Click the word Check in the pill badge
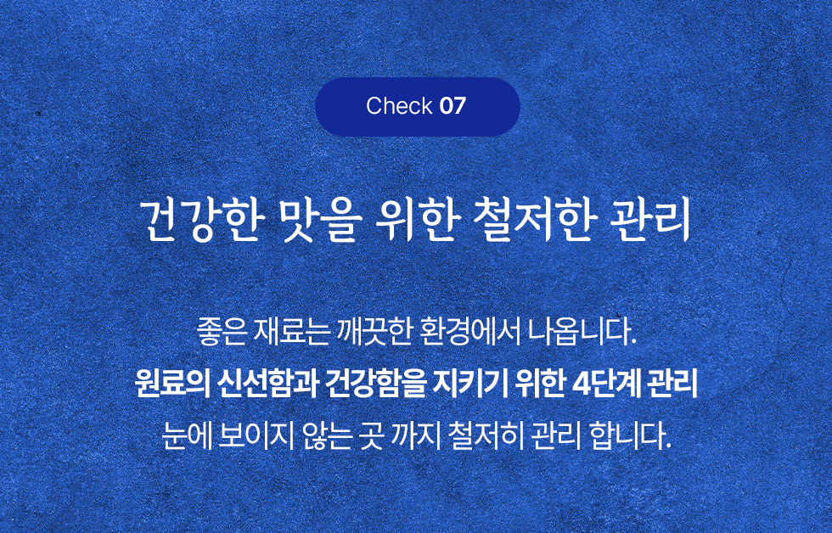[x=399, y=106]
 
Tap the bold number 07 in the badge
[x=453, y=106]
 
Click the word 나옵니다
[x=582, y=332]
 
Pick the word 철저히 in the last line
[x=486, y=435]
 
